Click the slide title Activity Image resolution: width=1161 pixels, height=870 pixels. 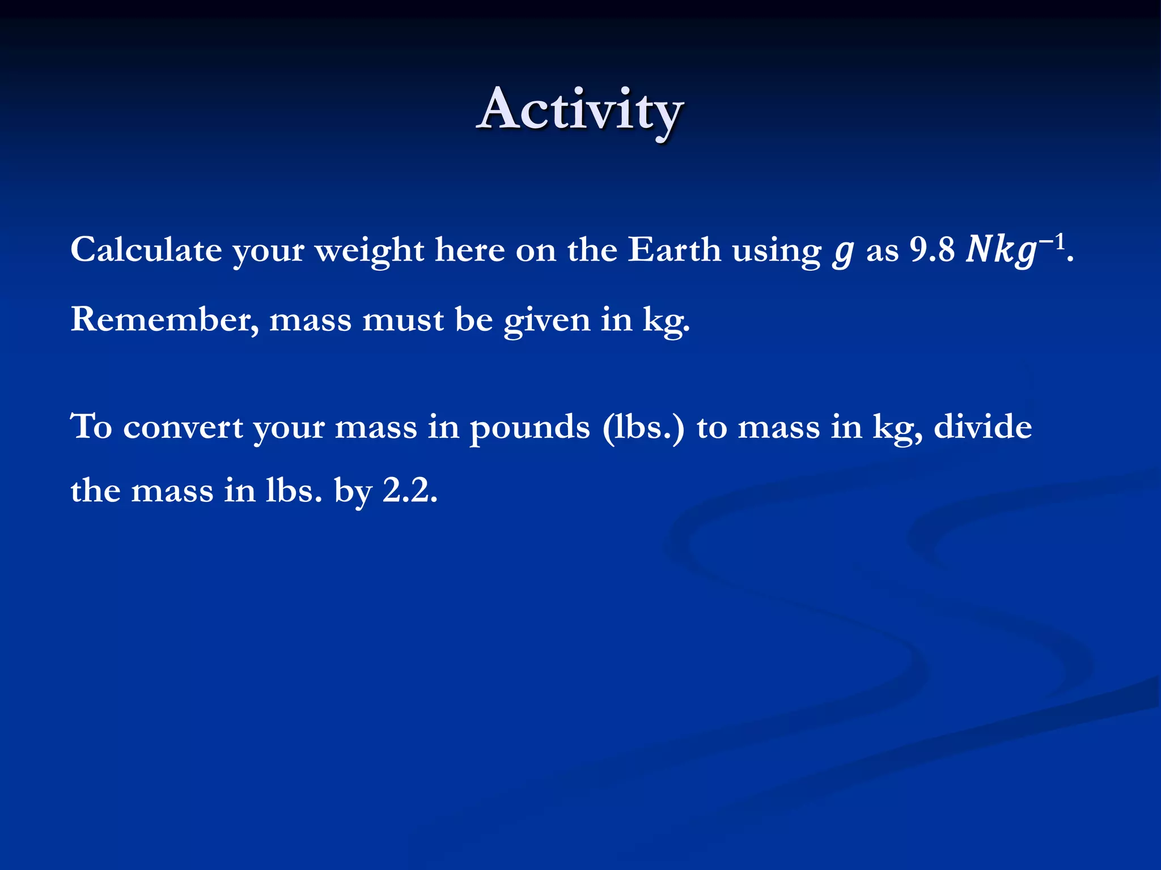580,110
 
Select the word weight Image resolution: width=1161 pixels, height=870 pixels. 369,250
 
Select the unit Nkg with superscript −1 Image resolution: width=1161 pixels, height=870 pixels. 1015,249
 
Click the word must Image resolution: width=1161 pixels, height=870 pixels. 402,320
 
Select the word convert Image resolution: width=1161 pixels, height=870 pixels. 183,428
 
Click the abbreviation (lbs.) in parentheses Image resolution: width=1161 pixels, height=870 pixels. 643,428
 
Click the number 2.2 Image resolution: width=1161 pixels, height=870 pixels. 410,491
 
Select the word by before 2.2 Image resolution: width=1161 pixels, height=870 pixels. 353,492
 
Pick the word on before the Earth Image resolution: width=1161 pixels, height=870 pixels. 536,250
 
